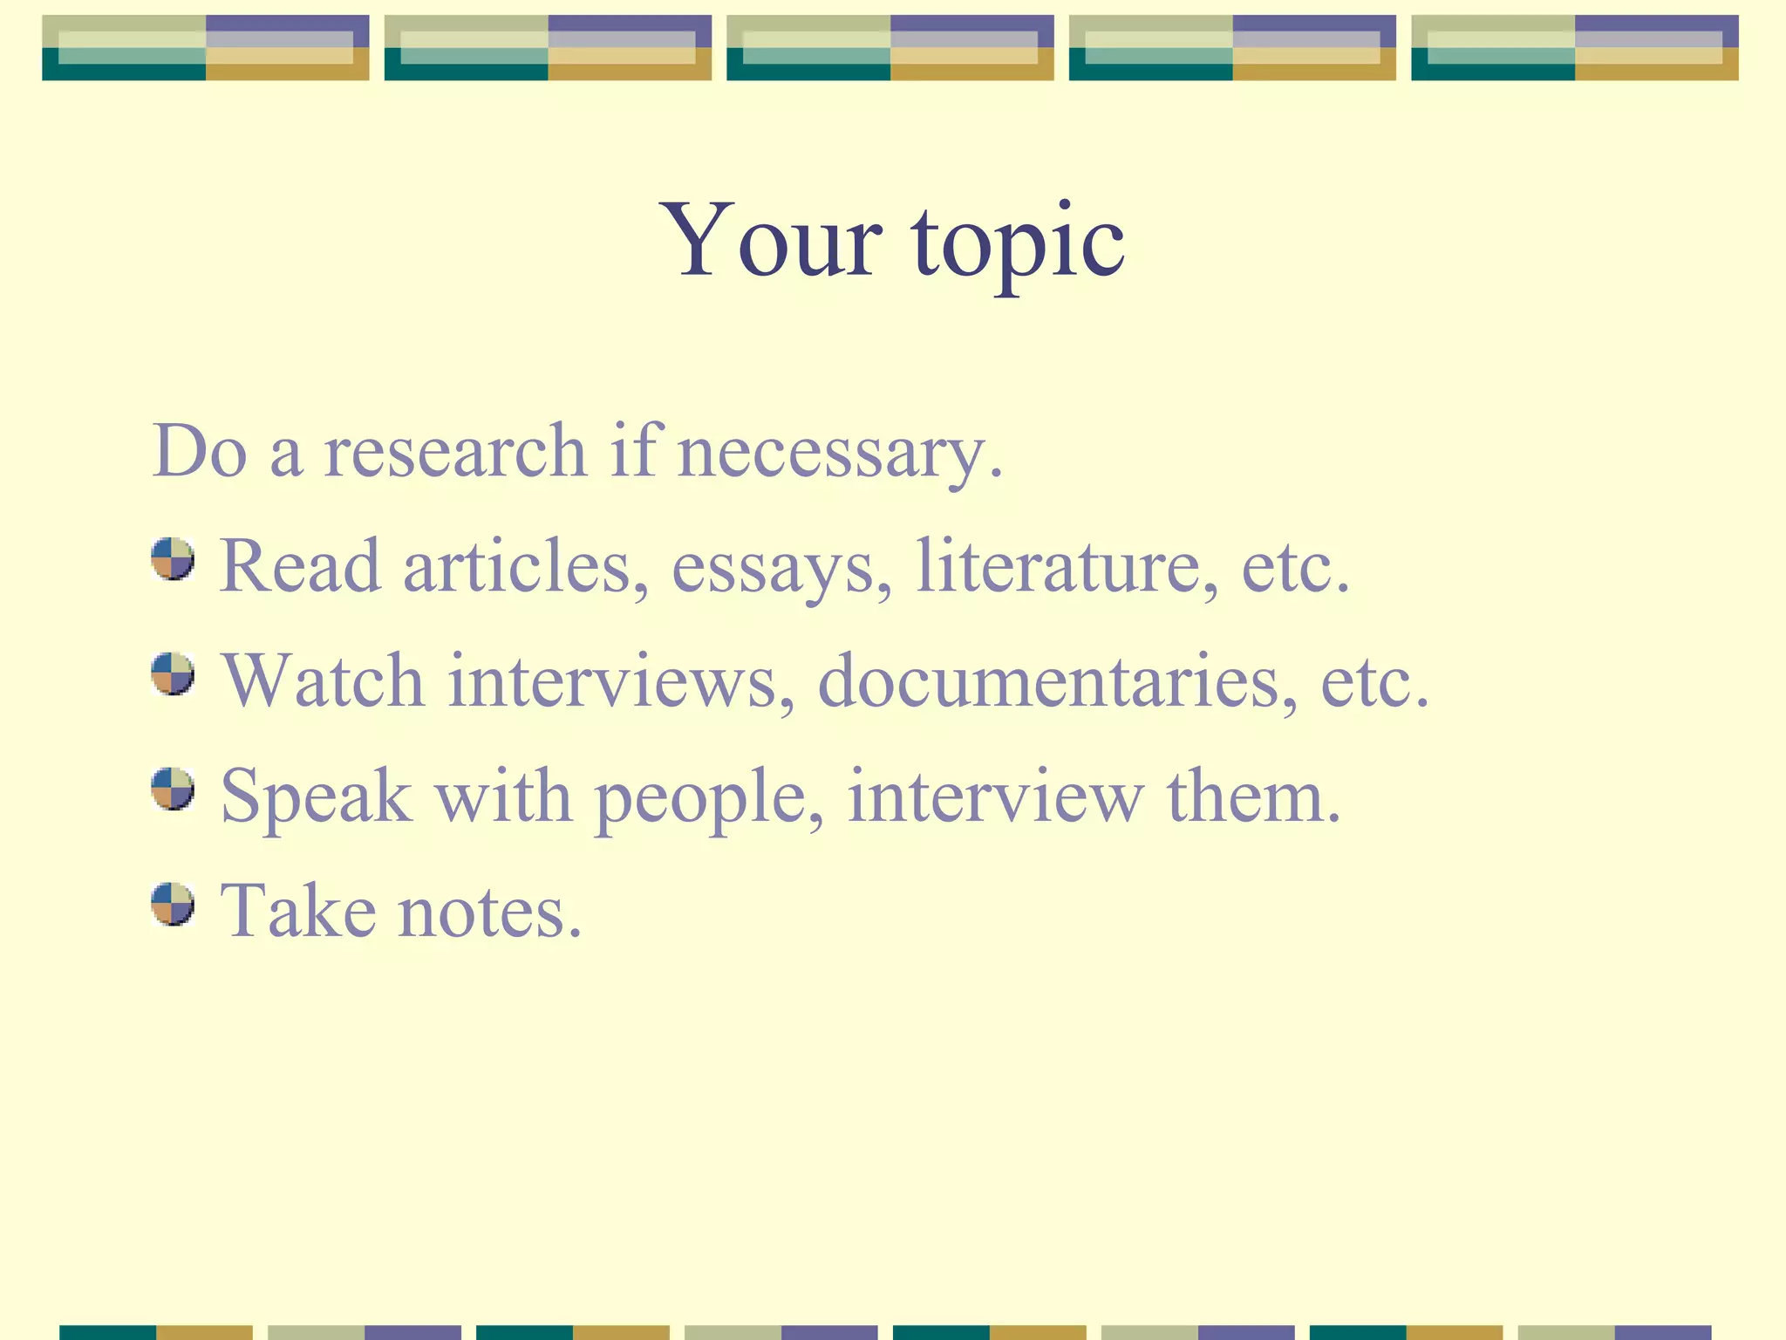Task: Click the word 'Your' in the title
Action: click(x=771, y=240)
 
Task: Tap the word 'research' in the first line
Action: click(x=454, y=451)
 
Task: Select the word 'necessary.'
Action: click(x=840, y=454)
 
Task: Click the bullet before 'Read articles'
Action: click(x=173, y=558)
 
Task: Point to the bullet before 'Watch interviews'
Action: click(x=173, y=673)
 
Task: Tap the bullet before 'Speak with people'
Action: click(x=173, y=789)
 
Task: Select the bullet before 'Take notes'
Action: click(x=173, y=904)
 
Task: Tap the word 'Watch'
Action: click(x=323, y=681)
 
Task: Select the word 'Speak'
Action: click(x=316, y=797)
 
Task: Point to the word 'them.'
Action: click(x=1253, y=796)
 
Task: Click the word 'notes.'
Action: click(x=489, y=912)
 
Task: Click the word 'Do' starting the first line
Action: click(x=199, y=451)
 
